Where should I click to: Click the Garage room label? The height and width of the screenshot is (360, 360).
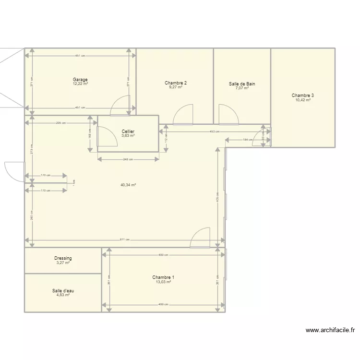coord(80,80)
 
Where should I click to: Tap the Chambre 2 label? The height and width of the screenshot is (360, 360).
coord(175,83)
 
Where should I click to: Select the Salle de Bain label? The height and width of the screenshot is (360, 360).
coord(242,84)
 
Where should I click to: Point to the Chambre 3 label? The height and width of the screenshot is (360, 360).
coord(302,96)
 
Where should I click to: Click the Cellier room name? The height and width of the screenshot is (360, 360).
coord(128,132)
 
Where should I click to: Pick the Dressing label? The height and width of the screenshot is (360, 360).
coord(63,258)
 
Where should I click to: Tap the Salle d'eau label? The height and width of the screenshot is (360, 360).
coord(63,290)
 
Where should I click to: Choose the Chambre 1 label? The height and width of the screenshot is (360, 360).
coord(163,277)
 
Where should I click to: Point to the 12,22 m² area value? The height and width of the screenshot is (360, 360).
coord(80,84)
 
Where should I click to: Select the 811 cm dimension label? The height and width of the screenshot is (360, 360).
coord(124,240)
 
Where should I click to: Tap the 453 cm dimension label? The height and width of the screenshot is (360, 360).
coord(214,132)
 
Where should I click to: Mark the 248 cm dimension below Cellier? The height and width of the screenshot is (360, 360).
coord(128,159)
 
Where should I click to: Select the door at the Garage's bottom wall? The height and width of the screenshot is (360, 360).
coord(120,107)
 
